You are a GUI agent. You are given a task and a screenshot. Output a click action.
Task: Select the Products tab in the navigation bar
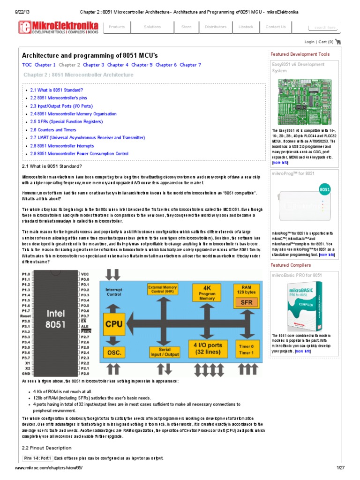[117, 27]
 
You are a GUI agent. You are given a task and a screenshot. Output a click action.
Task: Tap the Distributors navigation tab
[215, 27]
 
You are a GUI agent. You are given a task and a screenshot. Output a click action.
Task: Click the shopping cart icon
[338, 42]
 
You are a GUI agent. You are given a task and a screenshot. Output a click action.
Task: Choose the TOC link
[27, 65]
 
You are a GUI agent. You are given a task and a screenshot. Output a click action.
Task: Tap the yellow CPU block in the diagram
[113, 323]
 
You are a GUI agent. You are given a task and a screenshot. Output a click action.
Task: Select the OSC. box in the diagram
[113, 352]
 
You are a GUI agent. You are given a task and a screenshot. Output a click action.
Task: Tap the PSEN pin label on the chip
[85, 331]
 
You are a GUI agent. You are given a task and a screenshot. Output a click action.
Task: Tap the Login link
[309, 42]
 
